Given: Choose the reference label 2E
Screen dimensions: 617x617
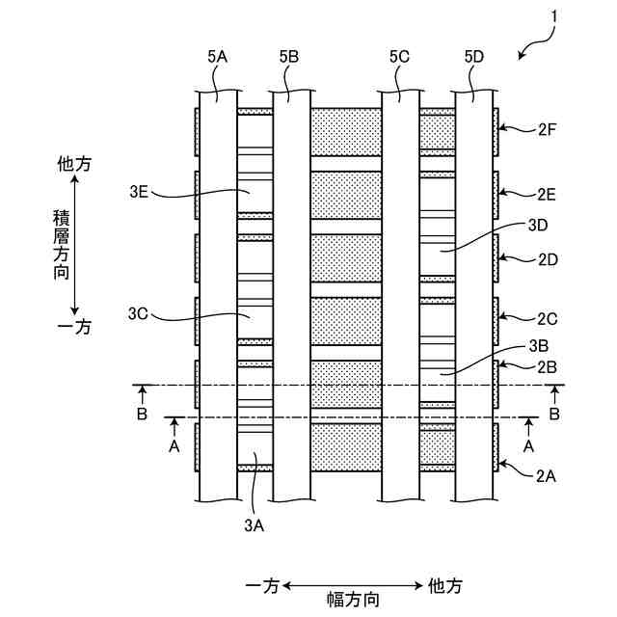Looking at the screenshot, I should point(548,193).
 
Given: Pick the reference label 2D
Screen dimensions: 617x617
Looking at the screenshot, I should point(548,259).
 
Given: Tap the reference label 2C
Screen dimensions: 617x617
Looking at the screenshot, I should point(548,317).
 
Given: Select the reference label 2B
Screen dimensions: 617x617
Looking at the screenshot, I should point(548,365).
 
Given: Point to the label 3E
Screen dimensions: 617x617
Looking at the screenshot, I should point(138,193).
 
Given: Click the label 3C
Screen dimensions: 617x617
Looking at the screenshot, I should point(138,313).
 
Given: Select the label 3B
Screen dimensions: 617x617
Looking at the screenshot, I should point(538,346).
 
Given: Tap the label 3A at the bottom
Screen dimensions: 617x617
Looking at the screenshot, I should point(254,524).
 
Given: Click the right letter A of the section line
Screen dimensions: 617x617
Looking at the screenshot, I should point(527,447).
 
